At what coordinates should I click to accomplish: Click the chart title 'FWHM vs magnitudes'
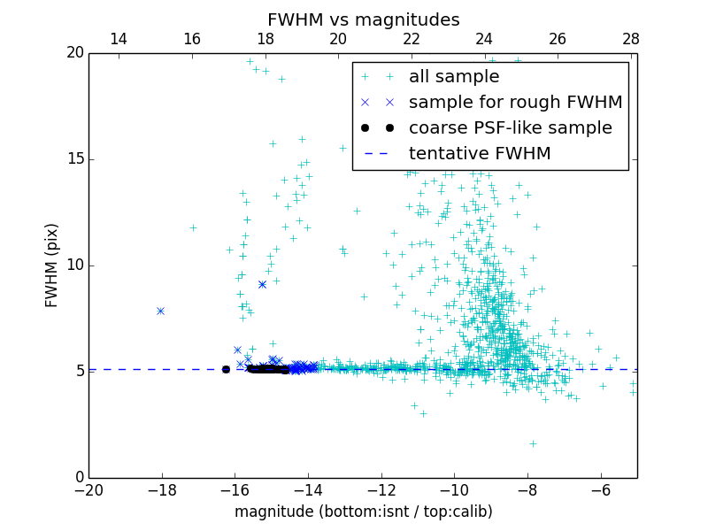pos(363,19)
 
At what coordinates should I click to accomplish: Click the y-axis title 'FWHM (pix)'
pos(52,265)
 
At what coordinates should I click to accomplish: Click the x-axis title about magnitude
pos(363,512)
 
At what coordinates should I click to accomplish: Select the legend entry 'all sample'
pos(454,77)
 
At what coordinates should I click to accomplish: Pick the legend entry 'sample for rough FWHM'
pos(515,103)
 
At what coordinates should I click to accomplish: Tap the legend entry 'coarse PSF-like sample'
pos(510,127)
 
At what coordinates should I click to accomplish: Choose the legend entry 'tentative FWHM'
pos(480,153)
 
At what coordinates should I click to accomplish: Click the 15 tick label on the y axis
pos(74,159)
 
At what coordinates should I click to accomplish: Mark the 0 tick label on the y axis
pos(79,478)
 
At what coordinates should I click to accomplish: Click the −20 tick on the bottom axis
pos(88,490)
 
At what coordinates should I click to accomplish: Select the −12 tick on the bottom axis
pos(381,490)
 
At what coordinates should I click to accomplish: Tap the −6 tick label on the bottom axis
pos(600,490)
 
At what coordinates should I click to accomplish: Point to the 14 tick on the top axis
pos(119,39)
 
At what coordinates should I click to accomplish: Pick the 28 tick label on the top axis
pos(631,39)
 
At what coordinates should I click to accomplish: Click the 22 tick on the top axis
pos(412,39)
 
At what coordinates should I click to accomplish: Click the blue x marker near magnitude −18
pos(160,311)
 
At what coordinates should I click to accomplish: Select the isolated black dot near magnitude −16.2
pos(226,369)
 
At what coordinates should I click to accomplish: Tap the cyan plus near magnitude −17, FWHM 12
pos(193,227)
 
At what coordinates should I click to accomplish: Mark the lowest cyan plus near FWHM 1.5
pos(533,443)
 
